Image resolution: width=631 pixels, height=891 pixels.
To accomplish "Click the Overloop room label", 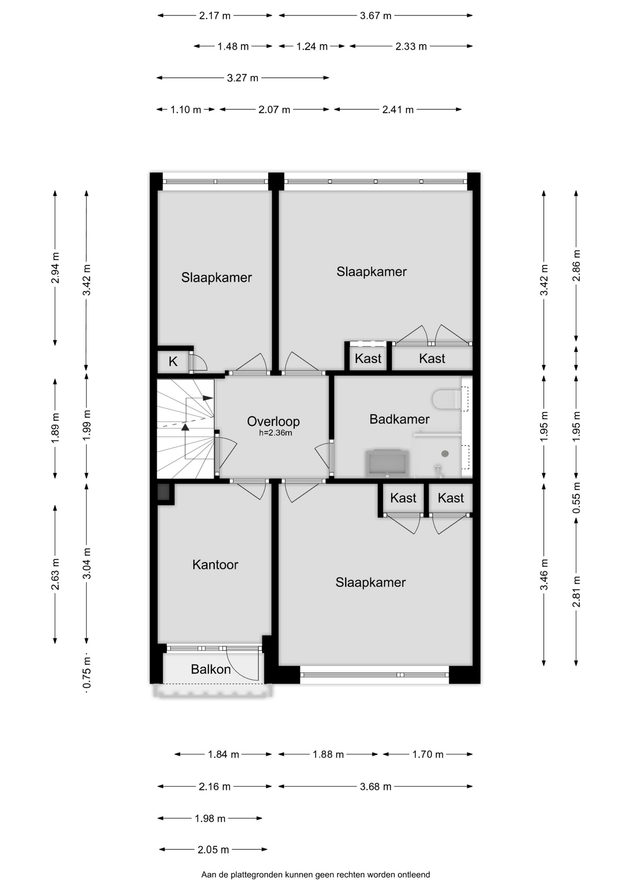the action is pos(273,421).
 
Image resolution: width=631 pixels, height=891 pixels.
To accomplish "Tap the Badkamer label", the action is pos(399,419).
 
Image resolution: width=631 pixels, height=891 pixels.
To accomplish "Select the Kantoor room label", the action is pos(215,564).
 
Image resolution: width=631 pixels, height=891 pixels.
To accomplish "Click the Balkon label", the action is pos(211,669).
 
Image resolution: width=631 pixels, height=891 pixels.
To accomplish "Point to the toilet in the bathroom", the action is pos(447,399).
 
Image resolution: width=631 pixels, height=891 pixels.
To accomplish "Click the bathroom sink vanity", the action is pos(388,463).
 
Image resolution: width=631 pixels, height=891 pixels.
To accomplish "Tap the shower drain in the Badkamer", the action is pos(445,454).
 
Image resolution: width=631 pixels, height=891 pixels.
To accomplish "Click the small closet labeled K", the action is pos(173,362).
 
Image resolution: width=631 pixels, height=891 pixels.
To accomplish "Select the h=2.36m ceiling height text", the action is pos(276,433).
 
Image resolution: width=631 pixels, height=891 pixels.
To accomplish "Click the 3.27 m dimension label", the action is pos(243,78).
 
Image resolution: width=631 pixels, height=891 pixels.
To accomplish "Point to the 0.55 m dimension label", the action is pos(576,497).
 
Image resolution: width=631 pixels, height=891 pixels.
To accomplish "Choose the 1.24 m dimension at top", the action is pos(312,46).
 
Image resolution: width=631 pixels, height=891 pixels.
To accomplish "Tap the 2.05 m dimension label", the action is pos(213,850).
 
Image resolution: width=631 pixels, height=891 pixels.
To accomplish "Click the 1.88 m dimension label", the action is pos(328,755).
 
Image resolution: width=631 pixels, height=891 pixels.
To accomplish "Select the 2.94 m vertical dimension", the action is pos(55,268).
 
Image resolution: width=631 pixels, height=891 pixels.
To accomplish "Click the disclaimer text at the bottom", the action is pos(315,875).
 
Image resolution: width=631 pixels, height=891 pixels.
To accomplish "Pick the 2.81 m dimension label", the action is pos(576,592).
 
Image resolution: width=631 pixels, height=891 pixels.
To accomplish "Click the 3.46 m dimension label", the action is pos(544,575).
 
